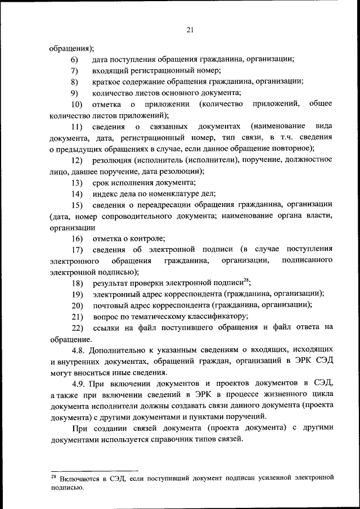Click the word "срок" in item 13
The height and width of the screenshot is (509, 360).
[101, 183]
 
